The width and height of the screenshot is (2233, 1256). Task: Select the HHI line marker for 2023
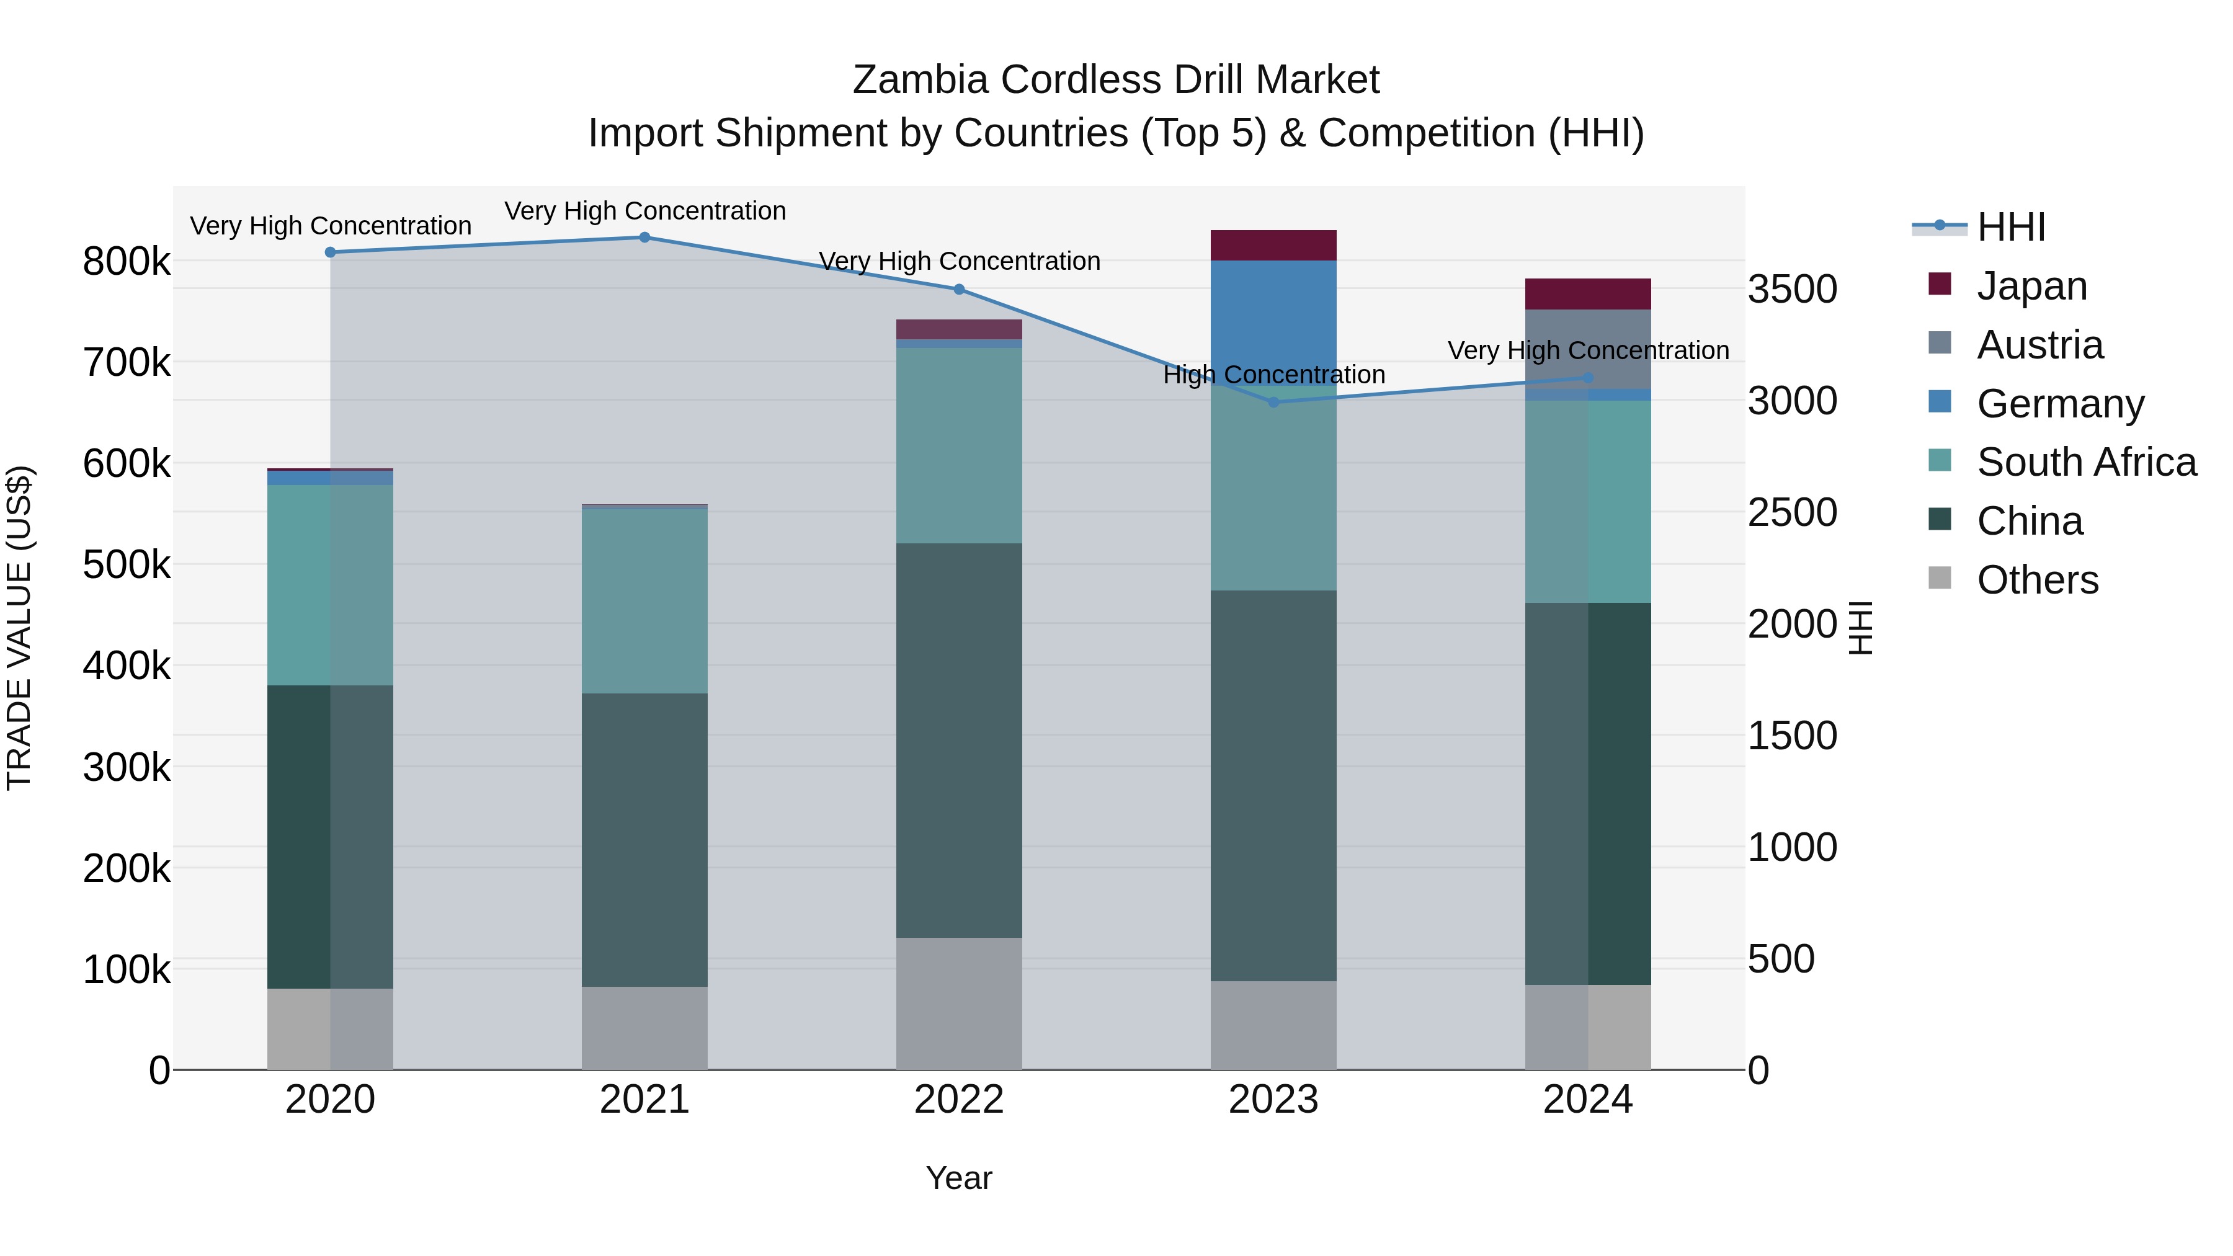pos(1273,402)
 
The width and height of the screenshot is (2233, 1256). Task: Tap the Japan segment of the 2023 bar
pos(1273,245)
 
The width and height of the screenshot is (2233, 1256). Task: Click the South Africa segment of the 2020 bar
pos(330,585)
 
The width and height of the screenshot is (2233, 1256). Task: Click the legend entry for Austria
pos(2039,345)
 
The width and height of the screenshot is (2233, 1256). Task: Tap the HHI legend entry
pos(2010,227)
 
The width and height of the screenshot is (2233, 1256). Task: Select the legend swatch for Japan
pos(1939,284)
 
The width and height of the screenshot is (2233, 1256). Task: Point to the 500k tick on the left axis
pos(127,565)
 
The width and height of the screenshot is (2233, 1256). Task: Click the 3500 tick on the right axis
pos(1792,290)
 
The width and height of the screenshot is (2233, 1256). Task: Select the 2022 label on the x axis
pos(959,1100)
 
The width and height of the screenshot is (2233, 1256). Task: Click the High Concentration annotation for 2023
pos(1273,375)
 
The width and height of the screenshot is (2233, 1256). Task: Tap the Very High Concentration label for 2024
pos(1588,351)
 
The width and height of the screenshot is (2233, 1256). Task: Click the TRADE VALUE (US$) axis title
pos(19,628)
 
